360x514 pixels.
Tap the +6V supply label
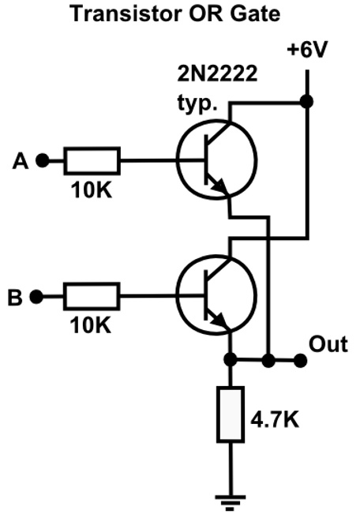coord(307,51)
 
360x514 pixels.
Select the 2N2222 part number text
coord(217,73)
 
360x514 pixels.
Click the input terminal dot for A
coord(43,160)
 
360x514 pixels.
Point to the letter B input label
coord(15,298)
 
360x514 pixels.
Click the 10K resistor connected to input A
coord(92,160)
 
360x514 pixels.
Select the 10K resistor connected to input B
coord(92,296)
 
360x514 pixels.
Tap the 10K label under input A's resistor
coord(92,189)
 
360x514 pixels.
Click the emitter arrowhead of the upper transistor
coord(219,186)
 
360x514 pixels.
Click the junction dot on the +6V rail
coord(307,101)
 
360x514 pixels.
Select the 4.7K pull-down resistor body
coord(231,415)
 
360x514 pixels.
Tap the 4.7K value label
coord(275,419)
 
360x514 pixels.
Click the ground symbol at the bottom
coord(231,503)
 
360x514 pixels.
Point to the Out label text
coord(328,344)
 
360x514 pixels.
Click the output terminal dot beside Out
coord(300,361)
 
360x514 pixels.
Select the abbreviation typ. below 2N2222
coord(197,103)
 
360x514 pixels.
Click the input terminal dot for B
coord(36,297)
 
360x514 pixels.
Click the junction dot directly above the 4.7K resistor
coord(231,359)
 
